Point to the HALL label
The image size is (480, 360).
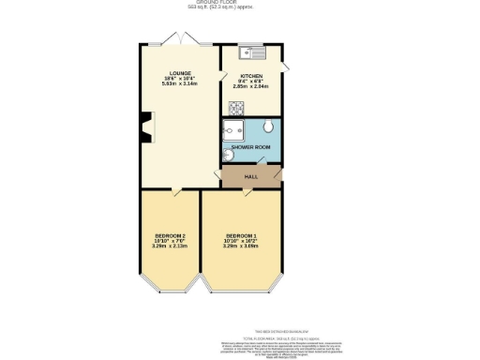pos(250,176)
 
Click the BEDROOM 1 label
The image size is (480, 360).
pos(241,234)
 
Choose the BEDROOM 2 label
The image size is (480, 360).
pos(170,234)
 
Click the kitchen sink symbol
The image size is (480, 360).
pos(252,51)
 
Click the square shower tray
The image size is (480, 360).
pos(234,128)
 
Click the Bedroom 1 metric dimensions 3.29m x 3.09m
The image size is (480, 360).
pos(241,247)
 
